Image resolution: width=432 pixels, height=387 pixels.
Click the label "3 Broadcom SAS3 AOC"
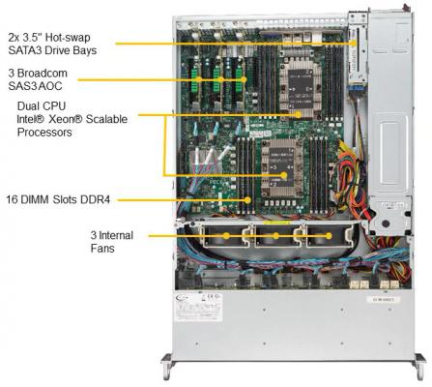38,79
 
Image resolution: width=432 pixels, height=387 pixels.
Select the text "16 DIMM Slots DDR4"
58,199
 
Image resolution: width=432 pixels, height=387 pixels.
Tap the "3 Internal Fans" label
111,242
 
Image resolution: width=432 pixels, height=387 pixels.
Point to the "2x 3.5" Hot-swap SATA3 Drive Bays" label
52,44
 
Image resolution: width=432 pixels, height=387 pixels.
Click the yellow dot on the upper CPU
298,114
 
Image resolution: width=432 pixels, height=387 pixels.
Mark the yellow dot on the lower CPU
284,175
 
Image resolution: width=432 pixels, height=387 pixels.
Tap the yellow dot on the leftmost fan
226,236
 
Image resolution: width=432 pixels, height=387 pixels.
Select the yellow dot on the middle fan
275,236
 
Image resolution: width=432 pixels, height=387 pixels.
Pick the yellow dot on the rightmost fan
329,236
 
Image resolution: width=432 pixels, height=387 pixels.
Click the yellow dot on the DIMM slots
247,200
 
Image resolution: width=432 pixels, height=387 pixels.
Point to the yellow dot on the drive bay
355,43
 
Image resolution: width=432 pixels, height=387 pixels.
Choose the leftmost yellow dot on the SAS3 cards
199,79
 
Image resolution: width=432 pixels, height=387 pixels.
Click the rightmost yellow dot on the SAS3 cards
244,79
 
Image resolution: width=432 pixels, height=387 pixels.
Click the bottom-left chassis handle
167,366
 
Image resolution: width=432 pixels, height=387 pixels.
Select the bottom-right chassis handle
419,366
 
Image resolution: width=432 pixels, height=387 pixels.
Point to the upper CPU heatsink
301,88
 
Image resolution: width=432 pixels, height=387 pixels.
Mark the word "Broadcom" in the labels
43,74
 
